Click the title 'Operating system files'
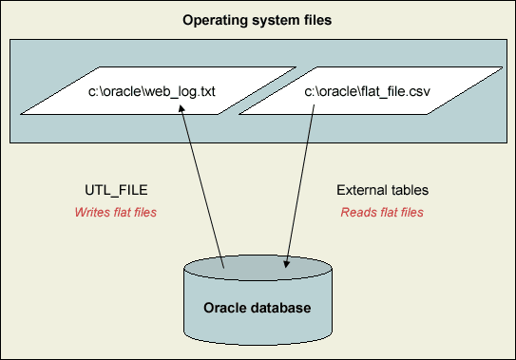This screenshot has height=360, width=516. point(258,19)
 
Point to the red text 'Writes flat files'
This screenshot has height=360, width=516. point(115,212)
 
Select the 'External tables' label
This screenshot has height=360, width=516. point(382,190)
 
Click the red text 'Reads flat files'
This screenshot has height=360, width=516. point(382,212)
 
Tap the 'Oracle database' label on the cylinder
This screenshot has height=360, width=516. point(258,309)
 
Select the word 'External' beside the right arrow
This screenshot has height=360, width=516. point(359,190)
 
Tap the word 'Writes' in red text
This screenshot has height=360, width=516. point(91,212)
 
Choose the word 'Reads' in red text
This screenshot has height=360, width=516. point(356,212)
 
